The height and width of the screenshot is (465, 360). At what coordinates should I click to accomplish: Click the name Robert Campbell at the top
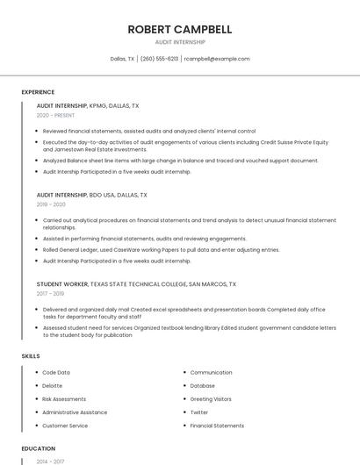click(180, 29)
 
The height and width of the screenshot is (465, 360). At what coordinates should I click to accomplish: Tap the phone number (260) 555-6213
click(159, 59)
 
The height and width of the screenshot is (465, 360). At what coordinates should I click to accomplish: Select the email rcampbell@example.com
click(217, 59)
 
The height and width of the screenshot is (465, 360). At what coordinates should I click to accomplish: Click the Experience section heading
click(38, 91)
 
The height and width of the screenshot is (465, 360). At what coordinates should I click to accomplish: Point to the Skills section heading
click(31, 356)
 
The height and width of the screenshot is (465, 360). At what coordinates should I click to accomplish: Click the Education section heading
click(38, 448)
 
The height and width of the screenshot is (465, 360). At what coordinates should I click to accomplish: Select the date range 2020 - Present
click(54, 115)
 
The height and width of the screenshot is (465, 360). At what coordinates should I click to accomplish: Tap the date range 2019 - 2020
click(51, 204)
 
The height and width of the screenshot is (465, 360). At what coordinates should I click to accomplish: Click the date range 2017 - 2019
click(51, 294)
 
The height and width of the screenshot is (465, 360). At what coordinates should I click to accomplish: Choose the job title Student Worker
click(61, 284)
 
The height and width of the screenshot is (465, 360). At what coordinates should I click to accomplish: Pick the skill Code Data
click(56, 373)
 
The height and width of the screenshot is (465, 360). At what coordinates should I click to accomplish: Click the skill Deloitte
click(53, 386)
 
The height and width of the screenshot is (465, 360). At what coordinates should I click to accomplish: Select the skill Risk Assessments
click(64, 399)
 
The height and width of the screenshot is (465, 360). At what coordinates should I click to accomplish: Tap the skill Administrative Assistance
click(75, 412)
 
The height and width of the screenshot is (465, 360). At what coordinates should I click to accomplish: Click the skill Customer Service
click(65, 426)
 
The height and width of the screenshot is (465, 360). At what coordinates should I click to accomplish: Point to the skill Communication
click(211, 373)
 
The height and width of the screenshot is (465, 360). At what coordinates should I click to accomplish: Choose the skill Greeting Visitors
click(211, 399)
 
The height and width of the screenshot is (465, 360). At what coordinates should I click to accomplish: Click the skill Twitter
click(199, 412)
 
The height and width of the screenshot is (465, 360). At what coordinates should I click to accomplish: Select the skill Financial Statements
click(217, 426)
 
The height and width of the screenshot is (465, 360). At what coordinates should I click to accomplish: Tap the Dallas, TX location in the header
click(122, 59)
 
